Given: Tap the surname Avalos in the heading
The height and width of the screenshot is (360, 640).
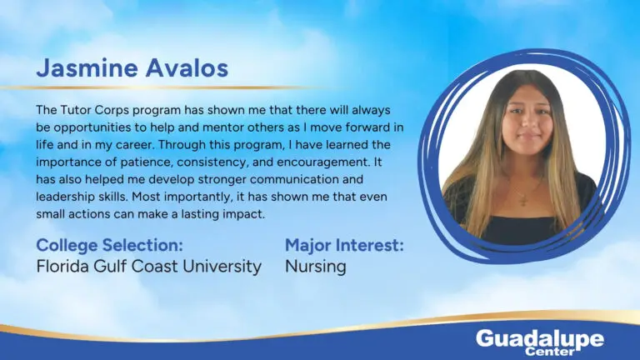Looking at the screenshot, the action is pyautogui.click(x=187, y=67).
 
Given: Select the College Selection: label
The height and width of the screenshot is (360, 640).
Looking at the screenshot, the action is pyautogui.click(x=109, y=245).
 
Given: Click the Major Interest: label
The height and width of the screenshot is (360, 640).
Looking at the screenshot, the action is pyautogui.click(x=344, y=245).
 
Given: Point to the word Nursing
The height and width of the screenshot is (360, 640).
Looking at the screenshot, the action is pyautogui.click(x=316, y=267).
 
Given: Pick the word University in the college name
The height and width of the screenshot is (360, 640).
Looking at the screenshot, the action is pyautogui.click(x=222, y=267).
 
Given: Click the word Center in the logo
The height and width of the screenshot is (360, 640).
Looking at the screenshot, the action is pyautogui.click(x=550, y=351).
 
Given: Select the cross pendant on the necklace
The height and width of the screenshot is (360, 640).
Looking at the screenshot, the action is pyautogui.click(x=523, y=200).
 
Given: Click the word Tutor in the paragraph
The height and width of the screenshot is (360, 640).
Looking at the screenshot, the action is pyautogui.click(x=77, y=110).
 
